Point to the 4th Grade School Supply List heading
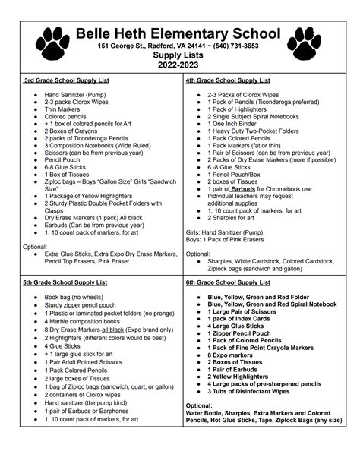click(228, 80)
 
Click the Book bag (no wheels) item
click(74, 298)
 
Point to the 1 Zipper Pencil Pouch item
click(242, 332)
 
